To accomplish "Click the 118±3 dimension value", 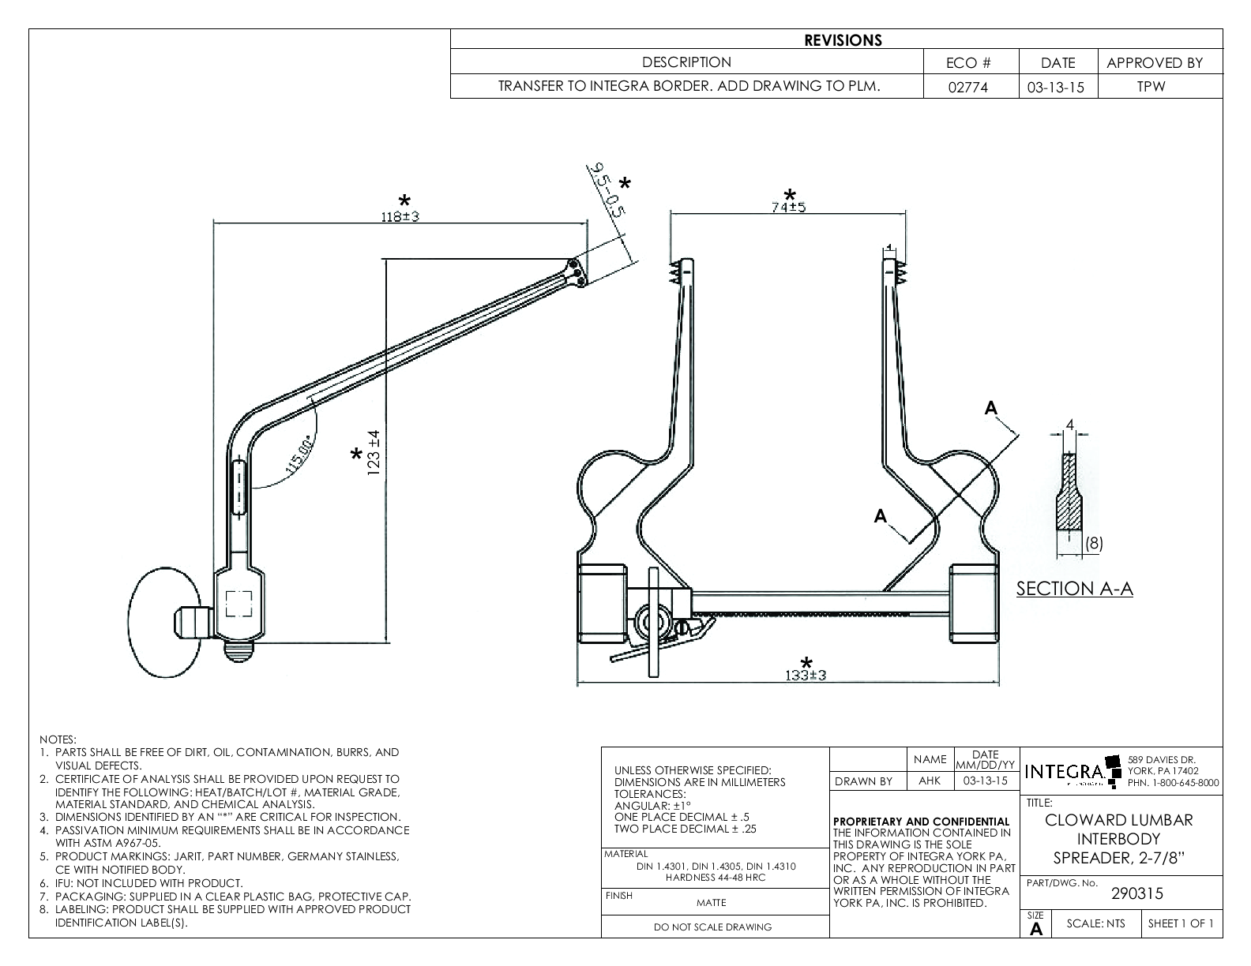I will (400, 216).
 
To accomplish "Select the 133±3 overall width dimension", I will (805, 675).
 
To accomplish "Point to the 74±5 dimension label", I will (788, 207).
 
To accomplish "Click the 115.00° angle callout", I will (299, 454).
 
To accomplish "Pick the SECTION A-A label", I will (1074, 589).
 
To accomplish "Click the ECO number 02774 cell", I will (971, 87).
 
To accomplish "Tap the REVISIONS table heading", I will (843, 40).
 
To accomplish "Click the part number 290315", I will (1136, 894).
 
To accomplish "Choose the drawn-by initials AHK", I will (930, 781).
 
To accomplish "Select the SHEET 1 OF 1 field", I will (1180, 923).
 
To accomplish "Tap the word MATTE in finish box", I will (712, 902).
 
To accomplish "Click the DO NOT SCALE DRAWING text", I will (712, 927).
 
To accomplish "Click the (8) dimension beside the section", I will (1093, 543).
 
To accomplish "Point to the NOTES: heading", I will (58, 739).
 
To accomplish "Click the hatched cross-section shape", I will (1069, 497).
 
